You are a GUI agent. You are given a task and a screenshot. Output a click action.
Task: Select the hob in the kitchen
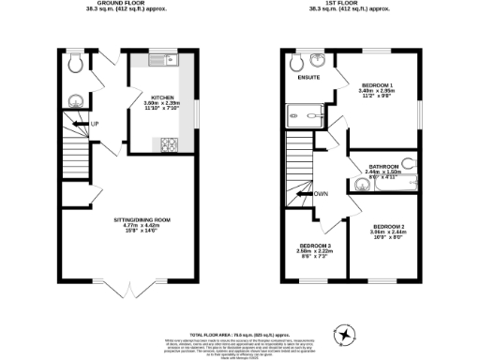[x=172, y=143]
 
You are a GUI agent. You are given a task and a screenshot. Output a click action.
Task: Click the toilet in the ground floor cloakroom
[x=76, y=63]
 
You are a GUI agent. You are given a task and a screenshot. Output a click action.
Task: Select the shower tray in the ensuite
[x=300, y=118]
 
